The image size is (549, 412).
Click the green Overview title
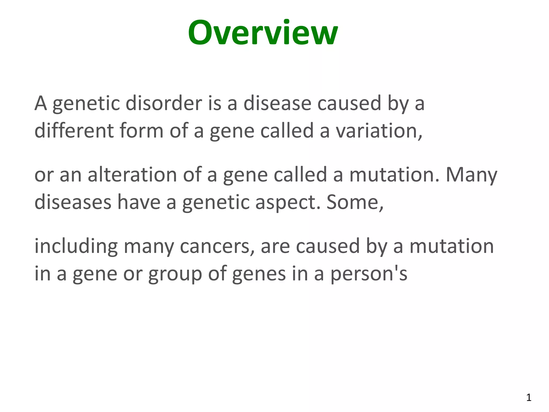pos(263,33)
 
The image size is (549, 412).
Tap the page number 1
pos(529,398)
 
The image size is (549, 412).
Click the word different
pos(74,130)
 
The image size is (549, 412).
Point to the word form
pos(142,130)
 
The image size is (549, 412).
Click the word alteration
pos(132,174)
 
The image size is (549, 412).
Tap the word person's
pos(369,274)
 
